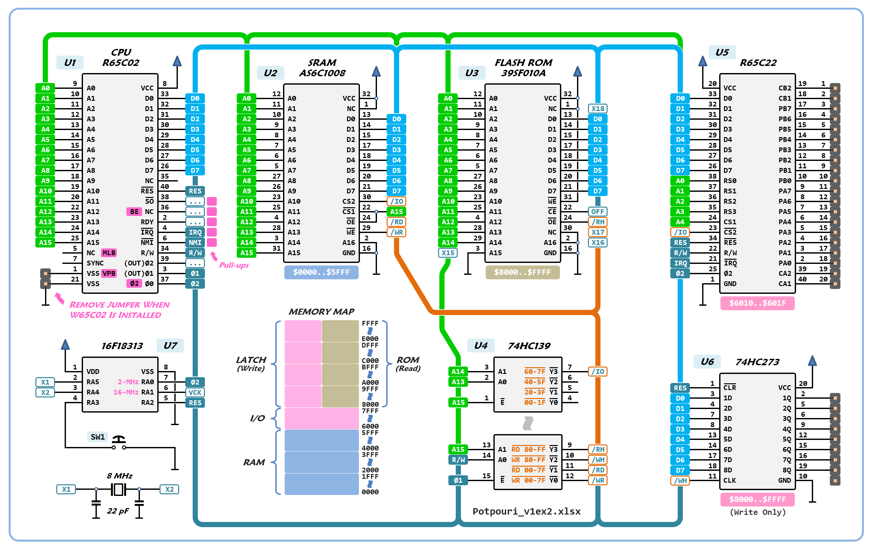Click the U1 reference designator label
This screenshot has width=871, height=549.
tap(70, 63)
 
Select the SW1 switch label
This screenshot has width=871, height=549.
tap(98, 437)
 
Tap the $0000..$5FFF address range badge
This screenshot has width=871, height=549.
tap(321, 272)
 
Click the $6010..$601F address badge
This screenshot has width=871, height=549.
tap(757, 303)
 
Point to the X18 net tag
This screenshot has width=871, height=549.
tap(598, 108)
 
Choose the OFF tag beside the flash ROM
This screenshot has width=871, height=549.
tap(598, 212)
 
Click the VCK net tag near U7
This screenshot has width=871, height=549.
tap(195, 392)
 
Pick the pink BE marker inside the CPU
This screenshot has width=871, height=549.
tap(134, 212)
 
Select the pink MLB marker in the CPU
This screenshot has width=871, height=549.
tap(109, 253)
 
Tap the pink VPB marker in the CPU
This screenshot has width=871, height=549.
tap(109, 273)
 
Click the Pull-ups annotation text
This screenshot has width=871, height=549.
tap(234, 265)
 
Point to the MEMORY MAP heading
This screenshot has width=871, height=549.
tap(321, 312)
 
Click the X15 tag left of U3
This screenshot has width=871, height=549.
tap(448, 253)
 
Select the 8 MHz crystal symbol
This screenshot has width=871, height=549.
tap(118, 489)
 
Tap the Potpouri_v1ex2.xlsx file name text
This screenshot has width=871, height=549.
tap(527, 511)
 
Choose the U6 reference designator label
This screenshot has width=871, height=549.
tap(707, 361)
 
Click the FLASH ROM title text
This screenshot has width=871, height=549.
tap(523, 63)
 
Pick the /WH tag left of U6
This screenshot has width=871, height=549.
tap(680, 480)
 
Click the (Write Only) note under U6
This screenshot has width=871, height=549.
tap(757, 512)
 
